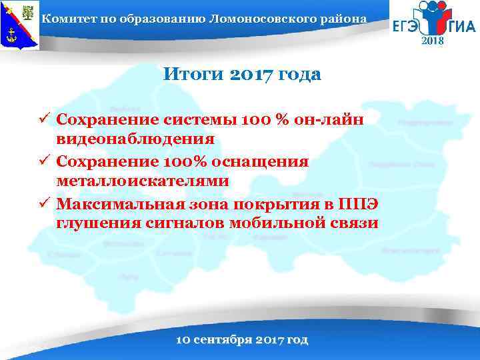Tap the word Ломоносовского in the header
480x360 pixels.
(263, 18)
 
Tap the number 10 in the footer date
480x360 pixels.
(182, 339)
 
